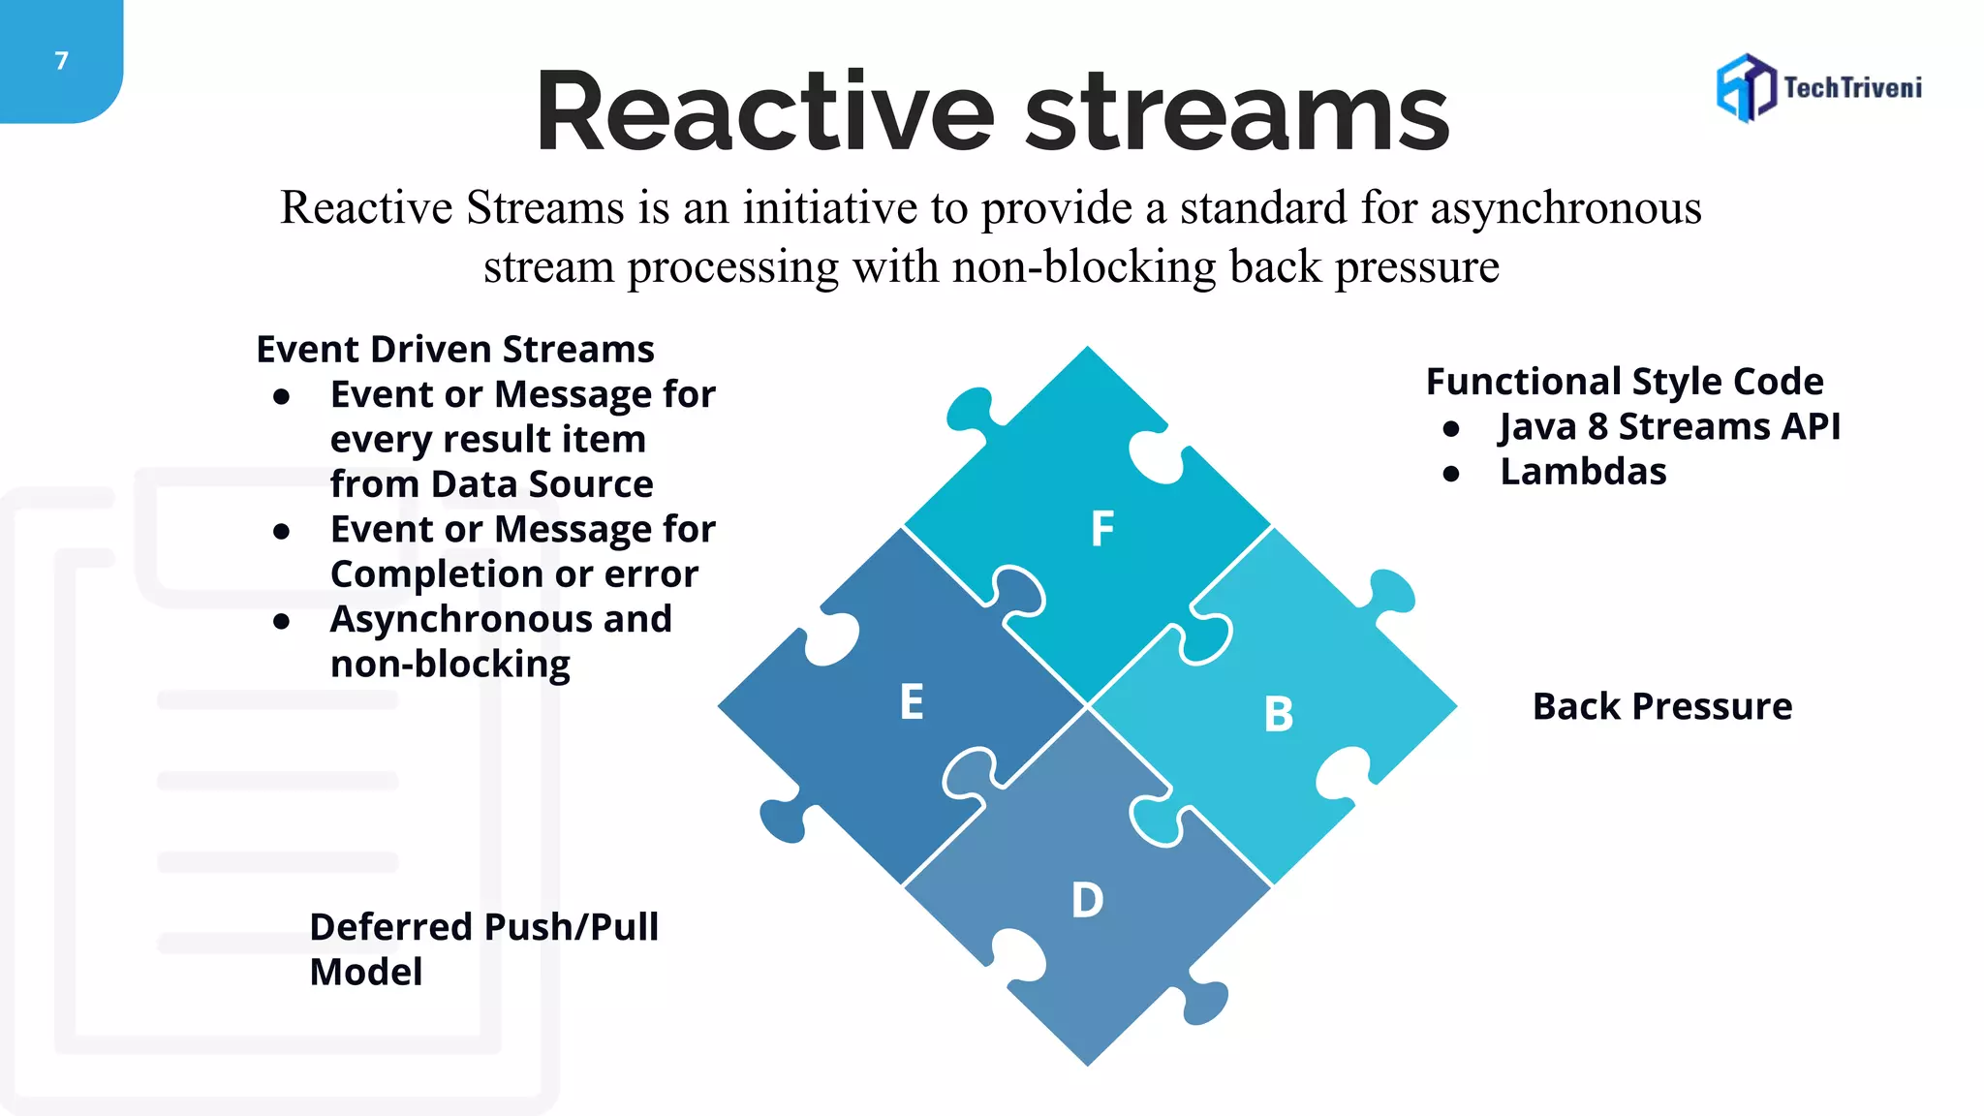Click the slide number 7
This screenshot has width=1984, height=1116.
pos(62,61)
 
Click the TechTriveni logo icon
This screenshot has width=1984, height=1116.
pos(1746,88)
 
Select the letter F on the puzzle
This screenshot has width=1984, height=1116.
pos(1102,530)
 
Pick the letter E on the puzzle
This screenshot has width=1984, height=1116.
pos(912,702)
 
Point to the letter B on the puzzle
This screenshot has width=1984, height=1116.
pos(1279,715)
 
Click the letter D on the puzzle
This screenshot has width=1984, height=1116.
pos(1087,900)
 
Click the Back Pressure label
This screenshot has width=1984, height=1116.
pos(1661,706)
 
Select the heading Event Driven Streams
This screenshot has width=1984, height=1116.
pos(454,349)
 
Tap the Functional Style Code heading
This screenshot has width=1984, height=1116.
pos(1625,381)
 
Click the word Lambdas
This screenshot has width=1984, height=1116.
pos(1583,472)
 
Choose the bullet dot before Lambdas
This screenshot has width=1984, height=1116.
pos(1450,474)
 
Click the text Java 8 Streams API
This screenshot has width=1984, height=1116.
pos(1669,426)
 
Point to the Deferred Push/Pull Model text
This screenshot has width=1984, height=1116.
pos(482,948)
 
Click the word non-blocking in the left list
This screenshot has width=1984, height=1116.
pos(449,665)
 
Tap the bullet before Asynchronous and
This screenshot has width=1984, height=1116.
pos(282,621)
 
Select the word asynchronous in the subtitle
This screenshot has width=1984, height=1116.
pos(1565,208)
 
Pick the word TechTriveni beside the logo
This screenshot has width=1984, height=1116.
pos(1852,88)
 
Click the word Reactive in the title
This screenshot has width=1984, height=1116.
pos(764,113)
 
